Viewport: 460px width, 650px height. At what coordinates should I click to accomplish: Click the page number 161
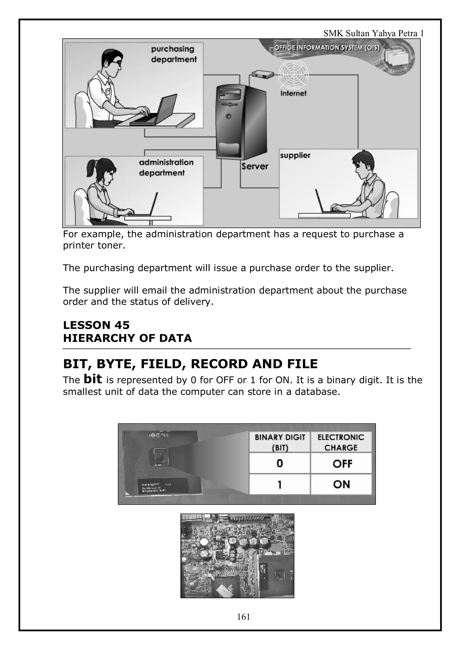(x=243, y=617)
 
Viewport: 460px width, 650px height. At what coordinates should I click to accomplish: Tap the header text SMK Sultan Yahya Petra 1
(x=374, y=34)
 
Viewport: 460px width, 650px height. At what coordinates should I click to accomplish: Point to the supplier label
(x=295, y=155)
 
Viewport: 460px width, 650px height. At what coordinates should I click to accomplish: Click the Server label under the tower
(x=254, y=166)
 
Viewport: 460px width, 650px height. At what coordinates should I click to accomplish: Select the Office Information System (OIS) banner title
(x=327, y=48)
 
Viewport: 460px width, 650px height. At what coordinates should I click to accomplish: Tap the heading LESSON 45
(x=96, y=325)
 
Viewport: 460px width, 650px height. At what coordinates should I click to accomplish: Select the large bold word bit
(x=93, y=379)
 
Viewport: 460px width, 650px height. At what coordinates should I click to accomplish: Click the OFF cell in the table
(x=342, y=464)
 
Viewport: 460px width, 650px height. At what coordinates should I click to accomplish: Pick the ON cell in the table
(x=341, y=484)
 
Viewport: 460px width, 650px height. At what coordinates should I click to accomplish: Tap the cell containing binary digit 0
(x=279, y=463)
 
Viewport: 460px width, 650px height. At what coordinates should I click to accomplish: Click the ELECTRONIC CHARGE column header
(x=341, y=442)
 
